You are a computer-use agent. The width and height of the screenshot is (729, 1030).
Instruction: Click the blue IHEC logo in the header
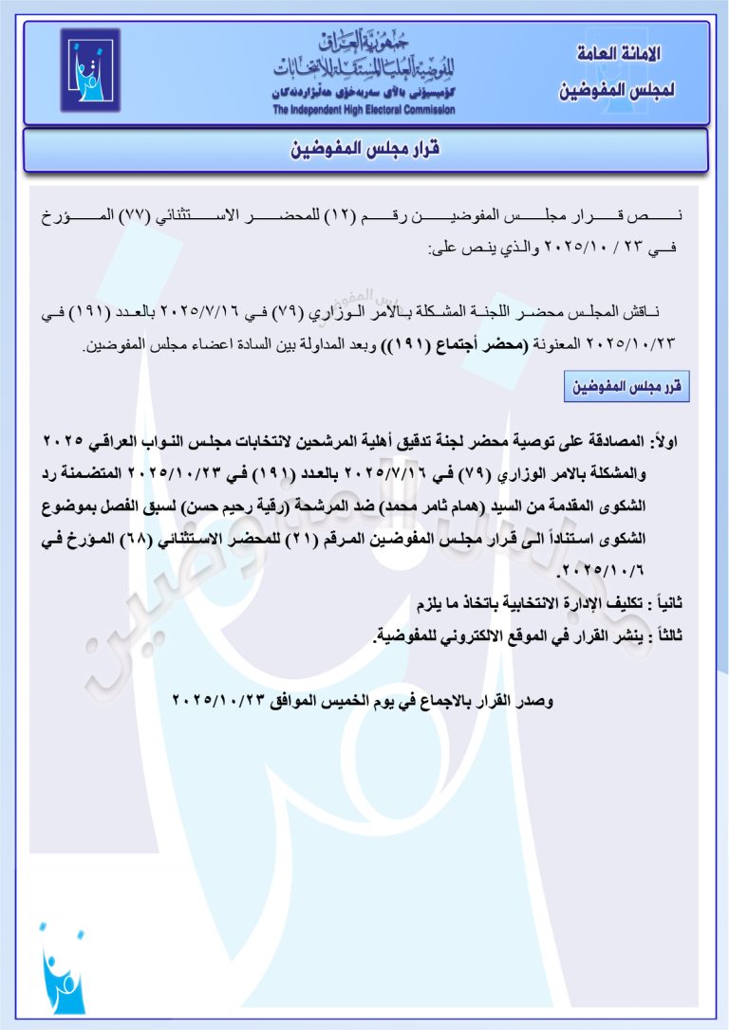(90, 69)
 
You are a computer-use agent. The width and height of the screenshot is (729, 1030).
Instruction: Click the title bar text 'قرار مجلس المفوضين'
(364, 150)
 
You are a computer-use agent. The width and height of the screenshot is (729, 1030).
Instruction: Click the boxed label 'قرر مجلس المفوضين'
(627, 388)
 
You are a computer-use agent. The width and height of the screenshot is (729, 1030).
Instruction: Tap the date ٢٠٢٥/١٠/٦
(598, 571)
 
